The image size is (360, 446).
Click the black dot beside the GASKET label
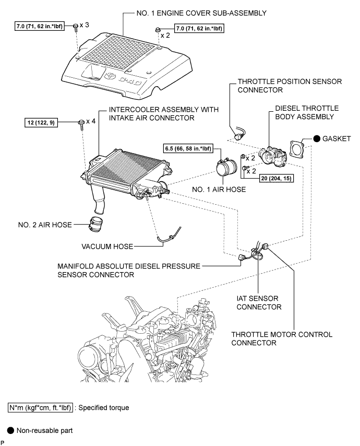317,139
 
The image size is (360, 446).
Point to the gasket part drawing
299,148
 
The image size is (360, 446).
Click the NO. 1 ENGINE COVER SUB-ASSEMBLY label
200,13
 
